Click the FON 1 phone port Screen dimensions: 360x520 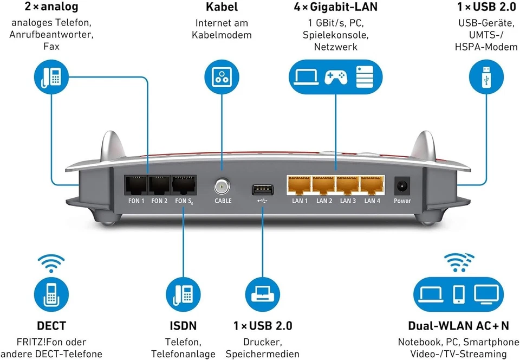135,186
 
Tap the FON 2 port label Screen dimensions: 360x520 159,201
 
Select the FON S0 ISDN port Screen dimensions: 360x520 184,186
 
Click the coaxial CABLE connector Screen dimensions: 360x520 222,187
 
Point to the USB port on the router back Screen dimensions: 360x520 262,190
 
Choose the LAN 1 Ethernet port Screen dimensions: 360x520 300,186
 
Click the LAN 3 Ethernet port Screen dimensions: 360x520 348,186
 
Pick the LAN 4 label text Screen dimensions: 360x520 372,201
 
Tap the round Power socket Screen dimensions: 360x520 402,186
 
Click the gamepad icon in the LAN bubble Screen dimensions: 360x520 336,77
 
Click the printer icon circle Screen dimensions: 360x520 263,293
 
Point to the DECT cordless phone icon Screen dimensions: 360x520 51,293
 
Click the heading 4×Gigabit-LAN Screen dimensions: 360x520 336,8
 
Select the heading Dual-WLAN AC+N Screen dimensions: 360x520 458,326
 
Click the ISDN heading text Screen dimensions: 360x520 183,326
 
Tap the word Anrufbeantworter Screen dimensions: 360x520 51,34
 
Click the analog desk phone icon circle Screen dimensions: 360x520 51,77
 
